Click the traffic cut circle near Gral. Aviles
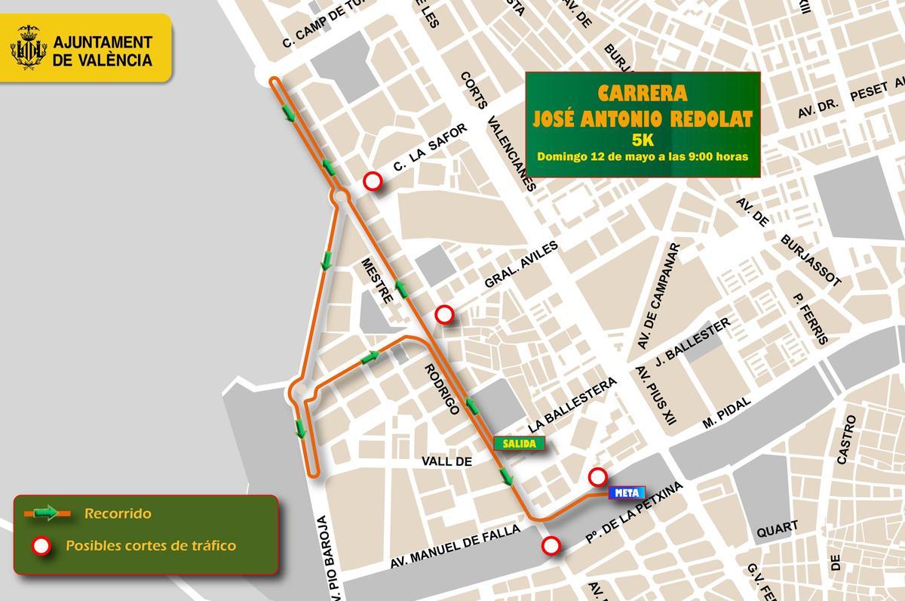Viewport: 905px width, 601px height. [445, 314]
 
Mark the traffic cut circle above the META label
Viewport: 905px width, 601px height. [597, 476]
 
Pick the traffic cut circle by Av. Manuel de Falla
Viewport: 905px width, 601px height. [552, 545]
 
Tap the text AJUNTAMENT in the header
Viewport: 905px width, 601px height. [103, 42]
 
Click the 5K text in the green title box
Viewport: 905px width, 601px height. [643, 140]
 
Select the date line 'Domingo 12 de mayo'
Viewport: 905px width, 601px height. [643, 157]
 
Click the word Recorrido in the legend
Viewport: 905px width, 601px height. [118, 514]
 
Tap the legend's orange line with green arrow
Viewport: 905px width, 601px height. [48, 514]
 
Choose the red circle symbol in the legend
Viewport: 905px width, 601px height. [41, 545]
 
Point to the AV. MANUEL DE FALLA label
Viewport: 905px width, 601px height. [455, 547]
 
